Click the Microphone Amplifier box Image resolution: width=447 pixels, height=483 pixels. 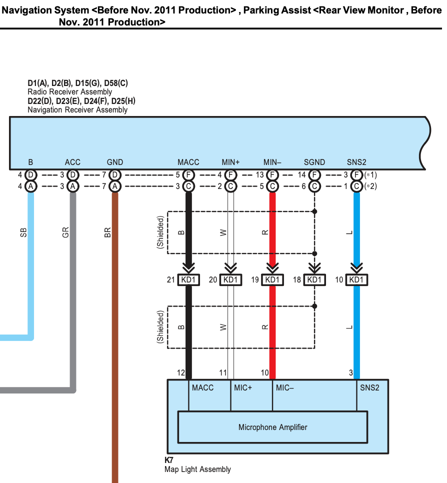[x=272, y=427]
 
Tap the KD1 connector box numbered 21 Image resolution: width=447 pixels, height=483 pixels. [x=188, y=279]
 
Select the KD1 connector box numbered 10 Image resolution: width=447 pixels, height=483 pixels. [x=356, y=279]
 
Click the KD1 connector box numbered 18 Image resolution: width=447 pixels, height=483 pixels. [x=314, y=279]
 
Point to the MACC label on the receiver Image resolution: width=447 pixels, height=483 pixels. [x=188, y=162]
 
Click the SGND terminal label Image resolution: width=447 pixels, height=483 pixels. [x=314, y=162]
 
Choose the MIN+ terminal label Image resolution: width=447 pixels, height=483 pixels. [x=231, y=162]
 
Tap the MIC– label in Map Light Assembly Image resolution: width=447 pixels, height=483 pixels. [x=285, y=387]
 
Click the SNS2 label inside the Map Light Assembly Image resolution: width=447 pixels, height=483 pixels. [x=369, y=387]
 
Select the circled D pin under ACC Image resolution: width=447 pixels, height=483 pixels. [x=73, y=175]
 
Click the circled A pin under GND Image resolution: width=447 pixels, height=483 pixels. [x=115, y=186]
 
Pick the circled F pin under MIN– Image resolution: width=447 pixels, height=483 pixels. [x=272, y=175]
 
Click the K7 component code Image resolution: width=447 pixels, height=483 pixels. [x=169, y=460]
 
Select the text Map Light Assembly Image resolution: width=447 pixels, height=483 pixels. [x=198, y=469]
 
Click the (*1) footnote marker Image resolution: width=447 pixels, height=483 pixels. [x=370, y=175]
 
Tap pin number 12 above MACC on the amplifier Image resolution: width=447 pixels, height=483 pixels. [x=181, y=372]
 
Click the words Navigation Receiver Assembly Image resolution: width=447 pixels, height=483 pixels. [x=77, y=109]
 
